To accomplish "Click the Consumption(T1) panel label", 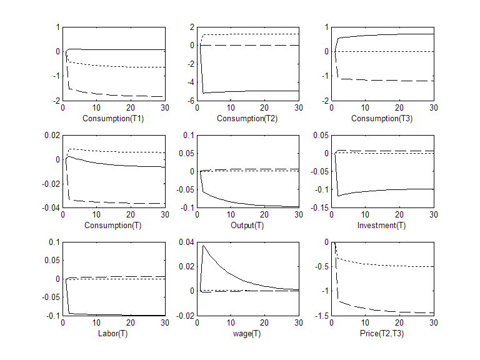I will [x=114, y=118].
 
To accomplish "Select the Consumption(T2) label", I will [x=248, y=118].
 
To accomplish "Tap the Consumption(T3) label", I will [x=382, y=118].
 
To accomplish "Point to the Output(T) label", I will [x=248, y=225].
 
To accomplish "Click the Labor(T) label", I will [x=114, y=332].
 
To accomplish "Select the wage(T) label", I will [x=248, y=332].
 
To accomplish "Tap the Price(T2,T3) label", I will [x=382, y=332].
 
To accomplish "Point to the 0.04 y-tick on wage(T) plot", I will [x=185, y=242].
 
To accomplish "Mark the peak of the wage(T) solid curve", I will [x=203, y=245].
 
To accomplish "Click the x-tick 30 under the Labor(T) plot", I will [x=164, y=322].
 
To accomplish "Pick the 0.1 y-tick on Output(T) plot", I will [x=187, y=135].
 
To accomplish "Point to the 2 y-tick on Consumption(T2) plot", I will [x=192, y=27].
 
